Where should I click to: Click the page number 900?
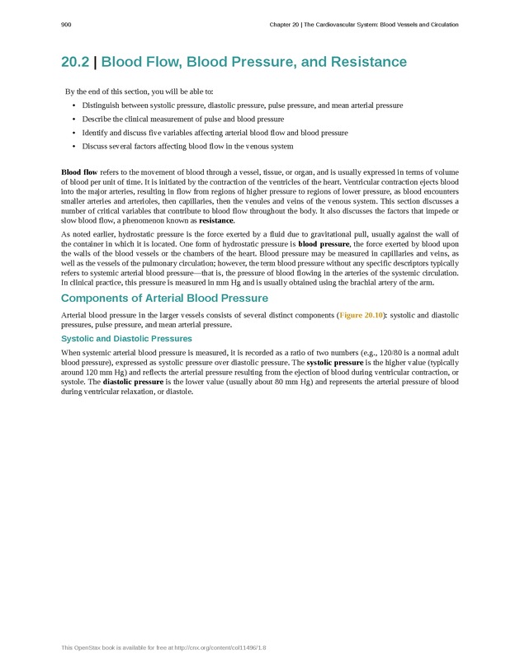[66, 25]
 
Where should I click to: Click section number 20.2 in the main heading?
[77, 63]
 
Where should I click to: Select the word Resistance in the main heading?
[366, 63]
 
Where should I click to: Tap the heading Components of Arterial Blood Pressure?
[164, 298]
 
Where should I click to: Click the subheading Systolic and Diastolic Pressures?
[126, 339]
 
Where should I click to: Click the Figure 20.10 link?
[362, 315]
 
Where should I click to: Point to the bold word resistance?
[216, 221]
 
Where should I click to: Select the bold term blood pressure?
[324, 245]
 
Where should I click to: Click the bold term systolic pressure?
[335, 363]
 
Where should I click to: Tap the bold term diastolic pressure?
[133, 383]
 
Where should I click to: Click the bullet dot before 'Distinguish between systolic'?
[73, 106]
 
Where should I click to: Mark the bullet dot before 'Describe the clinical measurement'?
[73, 120]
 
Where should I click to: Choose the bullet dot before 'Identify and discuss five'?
[73, 133]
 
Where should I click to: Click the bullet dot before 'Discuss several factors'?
[73, 147]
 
